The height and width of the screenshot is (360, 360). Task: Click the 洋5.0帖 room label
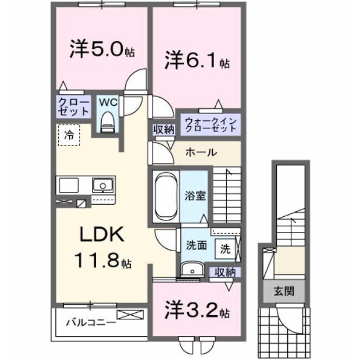tap(101, 49)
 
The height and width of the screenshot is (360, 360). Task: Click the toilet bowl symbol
tap(108, 122)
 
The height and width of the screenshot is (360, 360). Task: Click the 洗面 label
tap(196, 245)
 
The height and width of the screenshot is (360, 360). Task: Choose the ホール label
tap(201, 152)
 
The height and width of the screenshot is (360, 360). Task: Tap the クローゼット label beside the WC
tap(73, 107)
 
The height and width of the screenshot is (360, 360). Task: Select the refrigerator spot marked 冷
tap(69, 136)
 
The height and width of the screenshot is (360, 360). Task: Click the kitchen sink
tap(103, 185)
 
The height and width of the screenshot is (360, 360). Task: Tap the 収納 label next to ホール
tap(163, 129)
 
